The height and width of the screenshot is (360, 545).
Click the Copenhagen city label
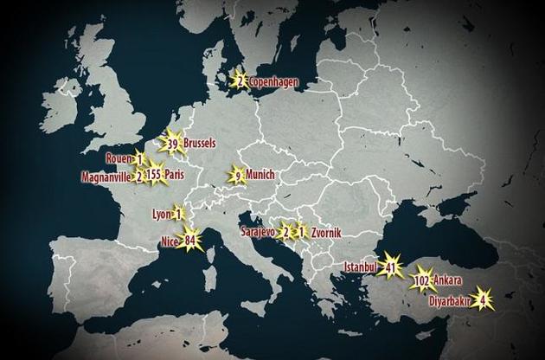[x=274, y=82]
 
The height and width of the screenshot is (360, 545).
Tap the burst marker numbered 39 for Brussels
[x=173, y=144]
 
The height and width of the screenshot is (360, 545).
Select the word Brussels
[x=200, y=144]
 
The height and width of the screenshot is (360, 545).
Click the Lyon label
[x=162, y=214]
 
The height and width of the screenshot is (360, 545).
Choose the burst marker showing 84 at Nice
[x=190, y=241]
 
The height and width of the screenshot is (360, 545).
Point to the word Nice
[x=169, y=241]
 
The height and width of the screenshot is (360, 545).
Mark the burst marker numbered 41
[x=392, y=267]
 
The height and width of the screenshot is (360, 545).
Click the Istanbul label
[x=362, y=267]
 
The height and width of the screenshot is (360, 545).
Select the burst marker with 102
[x=423, y=282]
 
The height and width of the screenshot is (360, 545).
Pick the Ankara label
[x=449, y=282]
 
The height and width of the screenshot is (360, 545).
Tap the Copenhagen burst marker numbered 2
[x=240, y=81]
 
